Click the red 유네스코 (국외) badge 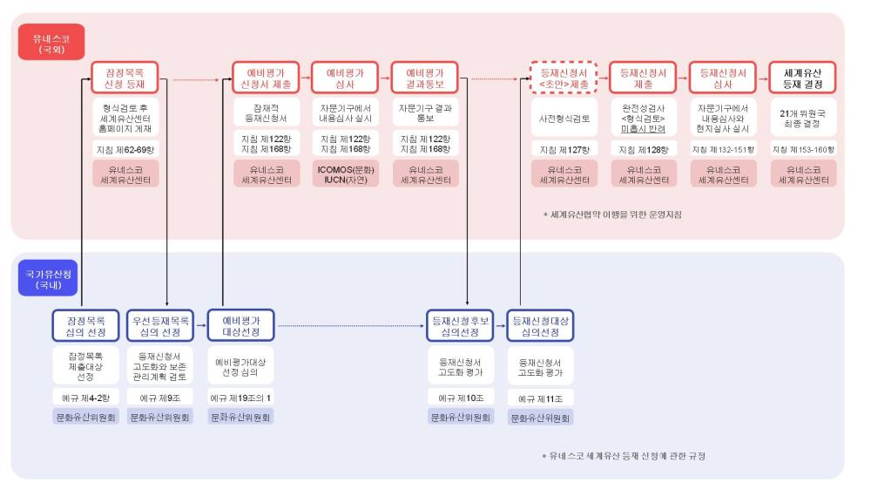(x=44, y=41)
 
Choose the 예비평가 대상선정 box (x=241, y=326)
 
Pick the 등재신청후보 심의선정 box (x=461, y=326)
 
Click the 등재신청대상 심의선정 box (x=541, y=326)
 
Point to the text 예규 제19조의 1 (x=241, y=398)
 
